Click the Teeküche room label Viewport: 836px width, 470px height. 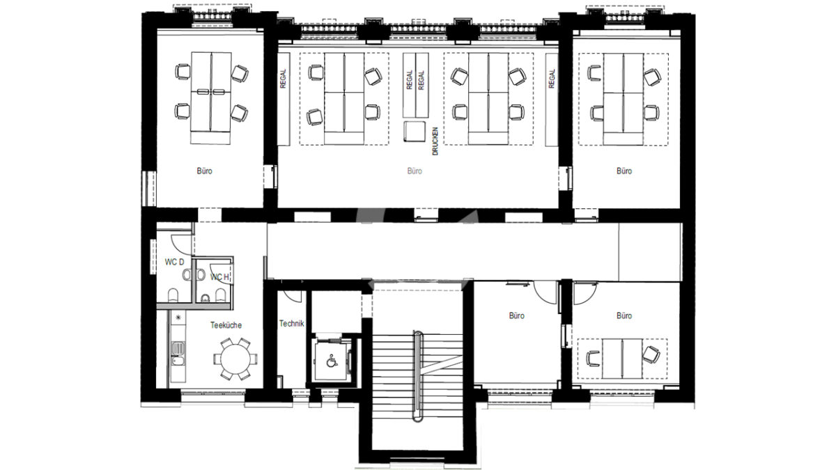coord(226,325)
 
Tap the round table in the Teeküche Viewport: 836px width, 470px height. coord(235,359)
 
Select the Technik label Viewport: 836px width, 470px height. coord(291,324)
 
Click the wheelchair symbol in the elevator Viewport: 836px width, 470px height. coord(332,361)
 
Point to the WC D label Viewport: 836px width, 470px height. coord(174,263)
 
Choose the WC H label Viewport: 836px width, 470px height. coord(219,277)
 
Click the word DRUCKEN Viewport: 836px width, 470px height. coord(435,141)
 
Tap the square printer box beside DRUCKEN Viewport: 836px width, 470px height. coord(415,132)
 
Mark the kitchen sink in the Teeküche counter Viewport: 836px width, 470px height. coord(178,349)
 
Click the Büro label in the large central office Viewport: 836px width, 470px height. coord(415,171)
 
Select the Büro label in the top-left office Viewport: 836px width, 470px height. coord(205,171)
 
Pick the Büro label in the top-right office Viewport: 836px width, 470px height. coord(624,171)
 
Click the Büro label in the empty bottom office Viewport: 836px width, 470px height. coord(516,316)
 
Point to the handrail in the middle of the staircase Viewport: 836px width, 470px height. coord(417,376)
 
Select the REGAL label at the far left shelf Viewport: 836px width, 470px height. coord(283,79)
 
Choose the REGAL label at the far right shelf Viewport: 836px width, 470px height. coord(552,79)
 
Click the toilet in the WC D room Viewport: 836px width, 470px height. coord(173,295)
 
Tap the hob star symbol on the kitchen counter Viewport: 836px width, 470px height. coord(178,318)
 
